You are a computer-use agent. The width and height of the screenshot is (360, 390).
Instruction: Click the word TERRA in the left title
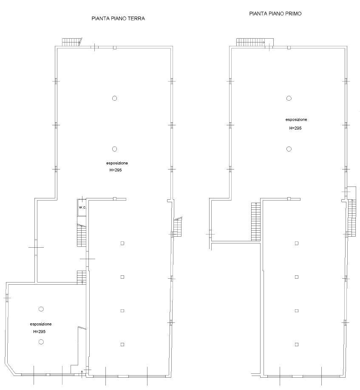click(136, 18)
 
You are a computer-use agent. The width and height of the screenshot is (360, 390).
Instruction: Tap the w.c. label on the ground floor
click(82, 207)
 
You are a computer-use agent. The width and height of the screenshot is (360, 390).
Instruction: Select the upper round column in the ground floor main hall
click(114, 98)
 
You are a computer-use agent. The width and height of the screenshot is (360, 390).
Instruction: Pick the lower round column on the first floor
click(289, 149)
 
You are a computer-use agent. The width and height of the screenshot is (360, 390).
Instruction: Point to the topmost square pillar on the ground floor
click(122, 243)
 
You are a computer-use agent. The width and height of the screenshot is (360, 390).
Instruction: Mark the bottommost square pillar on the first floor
click(297, 345)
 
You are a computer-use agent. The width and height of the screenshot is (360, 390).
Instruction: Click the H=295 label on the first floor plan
click(295, 128)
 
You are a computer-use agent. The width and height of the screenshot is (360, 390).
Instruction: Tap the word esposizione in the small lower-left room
click(41, 324)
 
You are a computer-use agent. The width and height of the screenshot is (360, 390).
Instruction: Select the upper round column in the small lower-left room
click(41, 309)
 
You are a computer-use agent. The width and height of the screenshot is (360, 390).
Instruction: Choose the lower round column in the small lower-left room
click(41, 342)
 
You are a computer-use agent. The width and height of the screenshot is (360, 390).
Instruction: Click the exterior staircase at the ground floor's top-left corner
click(72, 42)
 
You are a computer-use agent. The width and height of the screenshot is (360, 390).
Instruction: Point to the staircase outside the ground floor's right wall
click(178, 227)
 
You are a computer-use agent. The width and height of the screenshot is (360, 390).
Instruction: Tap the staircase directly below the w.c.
click(82, 235)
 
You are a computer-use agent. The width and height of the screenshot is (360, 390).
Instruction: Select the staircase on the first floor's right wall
click(352, 218)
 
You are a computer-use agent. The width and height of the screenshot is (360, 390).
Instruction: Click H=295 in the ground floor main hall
click(116, 170)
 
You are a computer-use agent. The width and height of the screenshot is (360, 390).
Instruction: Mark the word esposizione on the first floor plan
click(296, 120)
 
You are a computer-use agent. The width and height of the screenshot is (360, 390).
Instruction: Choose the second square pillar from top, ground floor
click(122, 277)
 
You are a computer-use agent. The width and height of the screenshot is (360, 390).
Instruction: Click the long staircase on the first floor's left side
click(256, 222)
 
